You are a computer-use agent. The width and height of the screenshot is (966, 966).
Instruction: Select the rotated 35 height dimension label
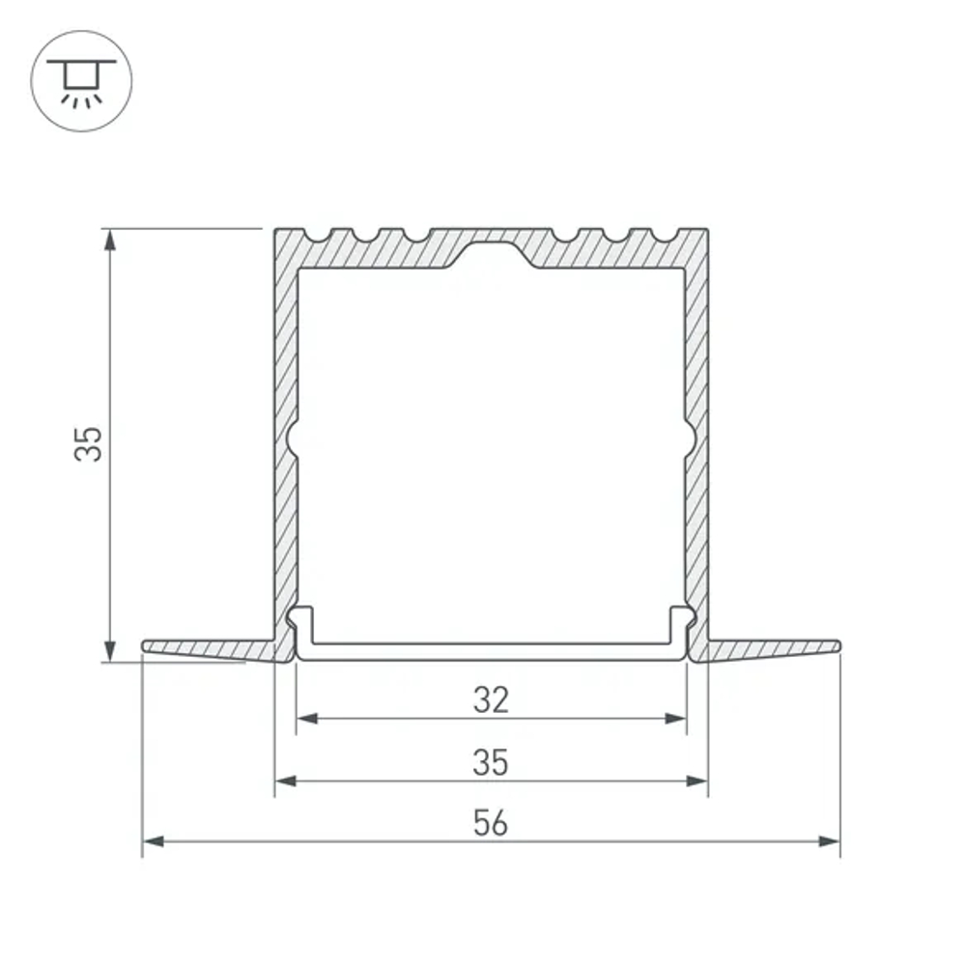(x=90, y=443)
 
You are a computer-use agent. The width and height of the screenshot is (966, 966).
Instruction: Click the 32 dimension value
(x=491, y=699)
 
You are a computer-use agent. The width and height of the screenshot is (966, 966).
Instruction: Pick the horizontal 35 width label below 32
(x=491, y=762)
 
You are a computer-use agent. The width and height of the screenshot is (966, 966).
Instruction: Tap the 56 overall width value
(x=491, y=824)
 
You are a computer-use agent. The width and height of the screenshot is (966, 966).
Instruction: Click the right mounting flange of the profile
(x=773, y=648)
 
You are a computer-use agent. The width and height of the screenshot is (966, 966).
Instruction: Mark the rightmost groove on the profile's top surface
(x=666, y=235)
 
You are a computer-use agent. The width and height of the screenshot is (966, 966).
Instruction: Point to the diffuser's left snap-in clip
(x=301, y=623)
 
